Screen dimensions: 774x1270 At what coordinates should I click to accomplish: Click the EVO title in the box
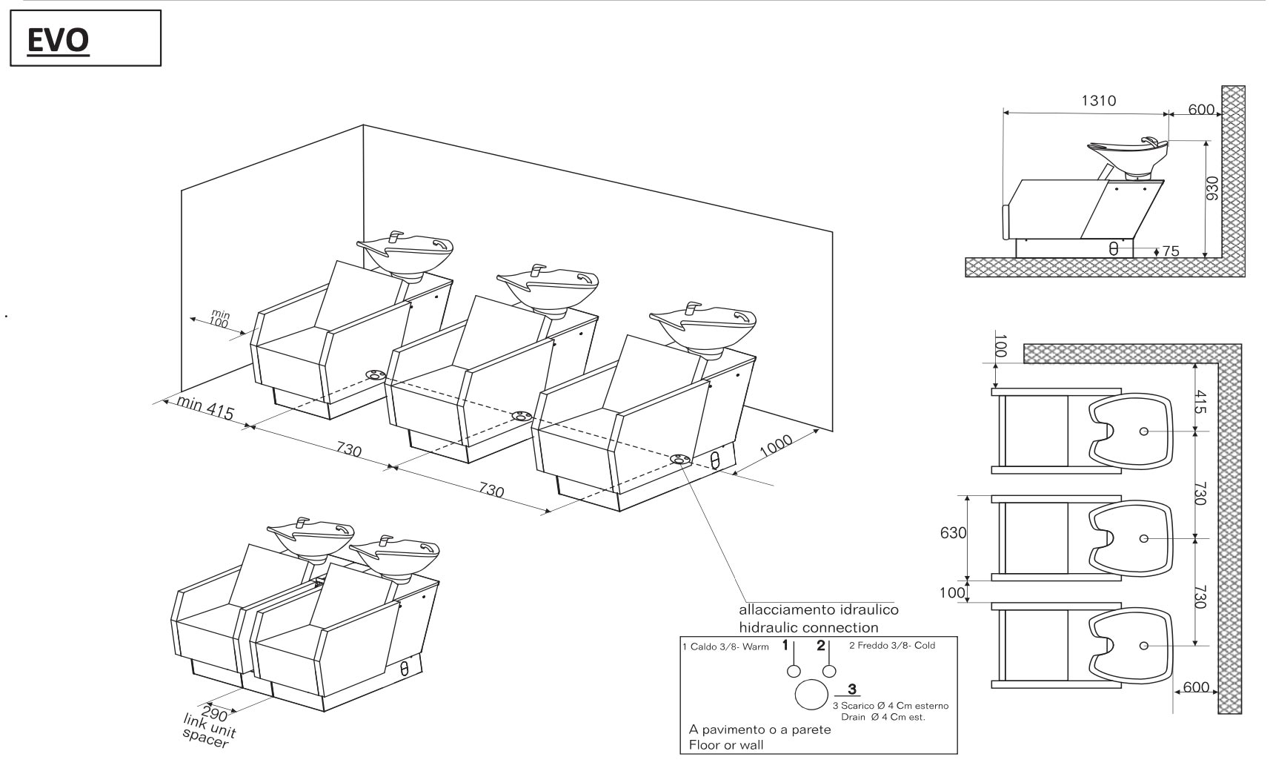tap(58, 41)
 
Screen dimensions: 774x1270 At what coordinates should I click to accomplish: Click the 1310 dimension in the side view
tap(1098, 101)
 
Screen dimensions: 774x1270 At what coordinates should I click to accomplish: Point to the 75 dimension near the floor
tap(1170, 251)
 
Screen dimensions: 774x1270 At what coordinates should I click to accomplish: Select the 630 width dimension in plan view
tap(954, 533)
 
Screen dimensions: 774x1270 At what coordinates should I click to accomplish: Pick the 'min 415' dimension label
tap(205, 408)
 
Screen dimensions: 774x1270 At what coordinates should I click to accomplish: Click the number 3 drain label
tap(851, 689)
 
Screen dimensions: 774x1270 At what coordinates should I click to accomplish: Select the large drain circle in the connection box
tap(811, 695)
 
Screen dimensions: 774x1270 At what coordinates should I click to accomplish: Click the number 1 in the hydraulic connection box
tap(785, 646)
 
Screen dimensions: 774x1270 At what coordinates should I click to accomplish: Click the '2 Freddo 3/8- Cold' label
tap(892, 646)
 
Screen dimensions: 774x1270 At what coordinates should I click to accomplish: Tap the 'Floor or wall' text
tap(726, 744)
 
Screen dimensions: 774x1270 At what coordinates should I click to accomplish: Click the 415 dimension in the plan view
tap(1200, 403)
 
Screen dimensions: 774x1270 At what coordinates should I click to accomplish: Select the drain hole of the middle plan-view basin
tap(1143, 537)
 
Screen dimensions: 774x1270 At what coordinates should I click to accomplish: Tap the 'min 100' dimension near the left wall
tap(219, 320)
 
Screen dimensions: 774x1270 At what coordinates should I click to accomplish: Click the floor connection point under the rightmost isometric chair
tap(679, 459)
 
